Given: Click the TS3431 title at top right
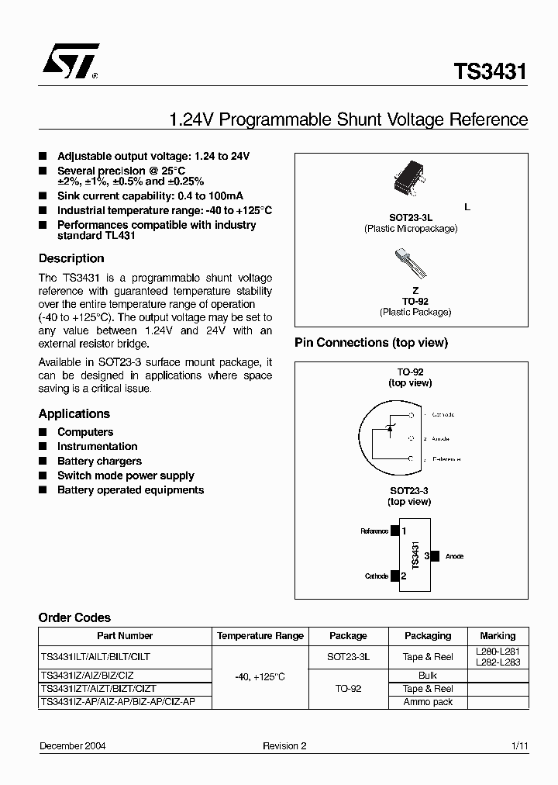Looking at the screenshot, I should point(490,72).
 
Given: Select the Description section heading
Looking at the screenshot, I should point(71,258).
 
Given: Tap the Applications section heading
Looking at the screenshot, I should point(74,413).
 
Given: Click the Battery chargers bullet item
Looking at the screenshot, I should point(99,461).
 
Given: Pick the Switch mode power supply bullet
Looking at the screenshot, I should point(126,475).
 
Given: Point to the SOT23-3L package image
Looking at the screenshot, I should point(411,177).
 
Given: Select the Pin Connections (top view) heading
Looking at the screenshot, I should point(371,342).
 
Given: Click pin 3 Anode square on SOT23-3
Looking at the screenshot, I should point(435,556).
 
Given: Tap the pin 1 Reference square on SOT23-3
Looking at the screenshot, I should point(395,531).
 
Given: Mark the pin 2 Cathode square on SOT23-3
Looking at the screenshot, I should point(395,576).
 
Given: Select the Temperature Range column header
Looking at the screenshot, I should point(260,635).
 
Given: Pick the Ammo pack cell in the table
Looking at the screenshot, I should point(428,702).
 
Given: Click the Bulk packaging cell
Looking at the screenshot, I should point(428,676).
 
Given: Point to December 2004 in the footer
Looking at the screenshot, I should point(73,745).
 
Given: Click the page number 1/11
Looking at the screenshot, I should point(519,745).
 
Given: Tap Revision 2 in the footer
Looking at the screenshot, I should point(284,745).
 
